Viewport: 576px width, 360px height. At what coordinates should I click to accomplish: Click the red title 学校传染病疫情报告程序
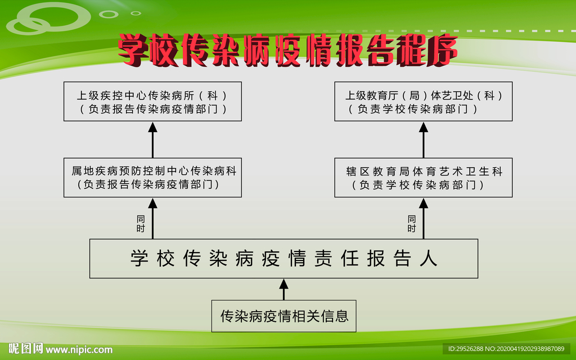tap(288, 50)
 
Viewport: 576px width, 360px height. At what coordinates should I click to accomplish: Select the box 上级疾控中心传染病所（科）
tap(152, 101)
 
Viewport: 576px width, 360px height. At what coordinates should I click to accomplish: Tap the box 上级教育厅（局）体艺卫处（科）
tap(423, 101)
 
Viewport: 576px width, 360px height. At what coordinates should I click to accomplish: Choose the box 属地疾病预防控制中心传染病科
tap(152, 178)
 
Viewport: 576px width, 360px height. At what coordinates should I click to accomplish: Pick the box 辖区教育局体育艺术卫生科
tap(423, 178)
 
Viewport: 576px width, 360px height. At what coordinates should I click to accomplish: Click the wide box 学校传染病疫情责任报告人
tap(283, 259)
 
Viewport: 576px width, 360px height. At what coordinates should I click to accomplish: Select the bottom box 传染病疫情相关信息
tap(283, 316)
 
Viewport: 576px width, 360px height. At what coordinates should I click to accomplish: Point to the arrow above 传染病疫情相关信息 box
tap(283, 290)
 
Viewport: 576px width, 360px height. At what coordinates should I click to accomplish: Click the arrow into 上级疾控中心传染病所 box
tap(152, 140)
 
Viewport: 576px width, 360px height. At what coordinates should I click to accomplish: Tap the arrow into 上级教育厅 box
tap(423, 140)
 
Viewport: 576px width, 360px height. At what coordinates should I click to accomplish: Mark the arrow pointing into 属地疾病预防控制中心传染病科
tap(152, 219)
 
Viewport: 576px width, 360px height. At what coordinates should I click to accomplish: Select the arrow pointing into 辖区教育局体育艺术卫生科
tap(423, 219)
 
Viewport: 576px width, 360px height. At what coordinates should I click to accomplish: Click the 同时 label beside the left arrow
tap(141, 224)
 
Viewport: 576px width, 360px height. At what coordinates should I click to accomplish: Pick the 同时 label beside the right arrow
tap(412, 224)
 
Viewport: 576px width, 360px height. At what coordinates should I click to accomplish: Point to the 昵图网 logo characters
tap(26, 348)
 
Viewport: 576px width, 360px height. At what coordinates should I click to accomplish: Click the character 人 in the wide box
tap(428, 258)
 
